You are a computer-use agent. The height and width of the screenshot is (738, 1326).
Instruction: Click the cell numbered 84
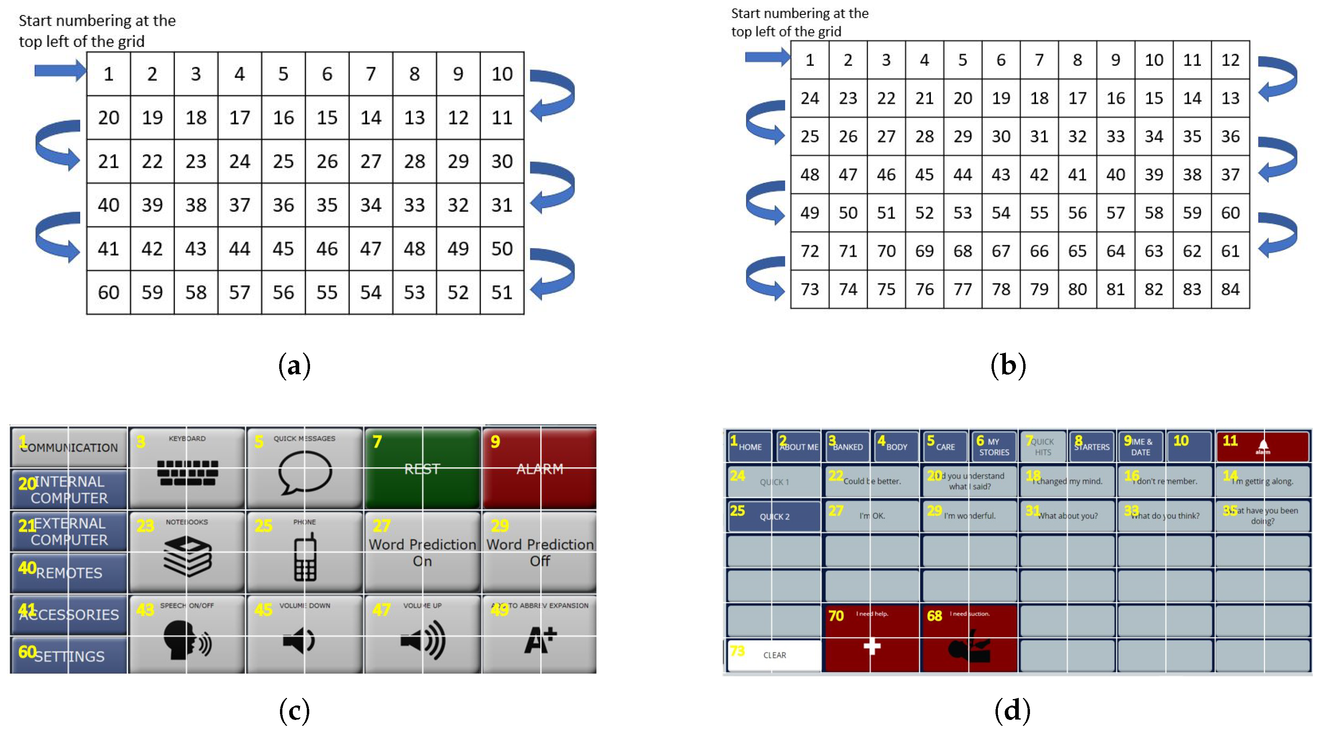(x=1230, y=289)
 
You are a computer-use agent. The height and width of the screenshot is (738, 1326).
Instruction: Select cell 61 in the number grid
(x=1230, y=251)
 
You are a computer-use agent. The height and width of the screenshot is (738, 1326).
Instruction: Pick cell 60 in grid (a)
(x=109, y=292)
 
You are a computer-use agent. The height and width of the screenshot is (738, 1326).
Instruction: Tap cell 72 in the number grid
(x=810, y=251)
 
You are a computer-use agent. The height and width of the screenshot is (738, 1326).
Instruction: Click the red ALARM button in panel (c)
(x=539, y=468)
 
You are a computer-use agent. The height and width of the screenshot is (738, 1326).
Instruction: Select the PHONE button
(x=305, y=552)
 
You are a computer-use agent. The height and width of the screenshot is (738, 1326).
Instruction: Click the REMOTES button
(x=69, y=572)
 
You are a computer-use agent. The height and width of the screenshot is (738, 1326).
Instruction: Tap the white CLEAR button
(x=774, y=655)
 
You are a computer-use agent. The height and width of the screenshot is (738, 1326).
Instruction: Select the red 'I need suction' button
(x=969, y=638)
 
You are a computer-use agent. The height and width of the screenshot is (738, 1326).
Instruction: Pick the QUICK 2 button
(x=774, y=516)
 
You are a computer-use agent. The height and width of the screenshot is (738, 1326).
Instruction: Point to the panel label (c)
(x=294, y=711)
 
